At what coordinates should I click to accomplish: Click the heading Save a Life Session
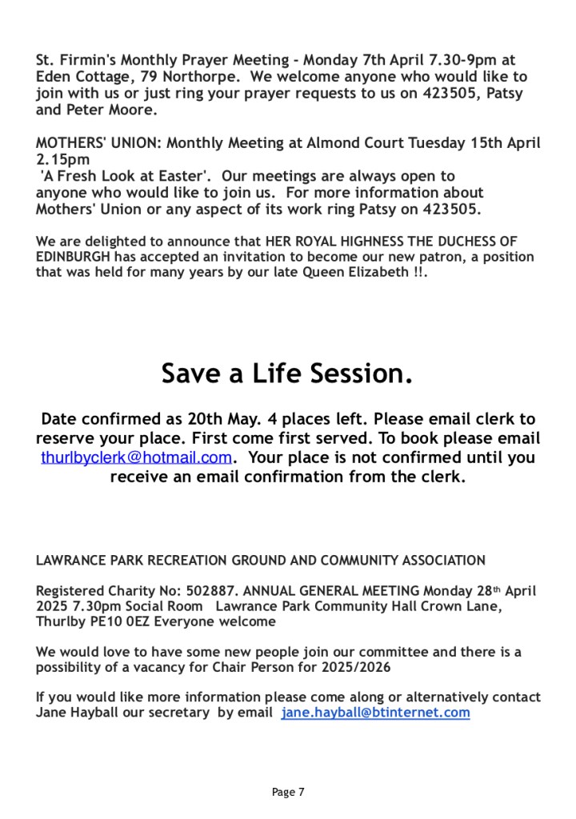pyautogui.click(x=287, y=374)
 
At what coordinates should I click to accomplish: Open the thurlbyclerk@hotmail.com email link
pyautogui.click(x=136, y=458)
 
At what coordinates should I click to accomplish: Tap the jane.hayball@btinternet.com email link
pyautogui.click(x=375, y=713)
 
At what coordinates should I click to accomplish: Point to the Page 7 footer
pyautogui.click(x=288, y=793)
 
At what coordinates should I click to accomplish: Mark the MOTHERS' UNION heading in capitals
pyautogui.click(x=98, y=143)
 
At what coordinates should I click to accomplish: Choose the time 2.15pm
pyautogui.click(x=63, y=159)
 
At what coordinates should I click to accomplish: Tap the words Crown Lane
pyautogui.click(x=466, y=606)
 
